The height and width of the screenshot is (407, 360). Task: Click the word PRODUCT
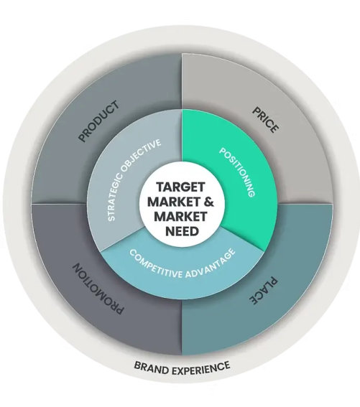coord(99,121)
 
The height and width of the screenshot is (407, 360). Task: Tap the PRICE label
coord(266,120)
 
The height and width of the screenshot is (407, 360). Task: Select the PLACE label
coord(264,291)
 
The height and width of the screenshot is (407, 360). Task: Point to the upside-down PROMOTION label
coord(98,289)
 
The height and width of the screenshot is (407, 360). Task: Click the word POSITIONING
coord(237,172)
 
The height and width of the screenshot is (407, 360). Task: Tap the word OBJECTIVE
coord(141,154)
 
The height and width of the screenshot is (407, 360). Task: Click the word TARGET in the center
coord(180,187)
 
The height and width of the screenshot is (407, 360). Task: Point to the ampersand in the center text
coord(209,202)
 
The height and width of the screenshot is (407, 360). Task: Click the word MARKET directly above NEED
coord(180,217)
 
